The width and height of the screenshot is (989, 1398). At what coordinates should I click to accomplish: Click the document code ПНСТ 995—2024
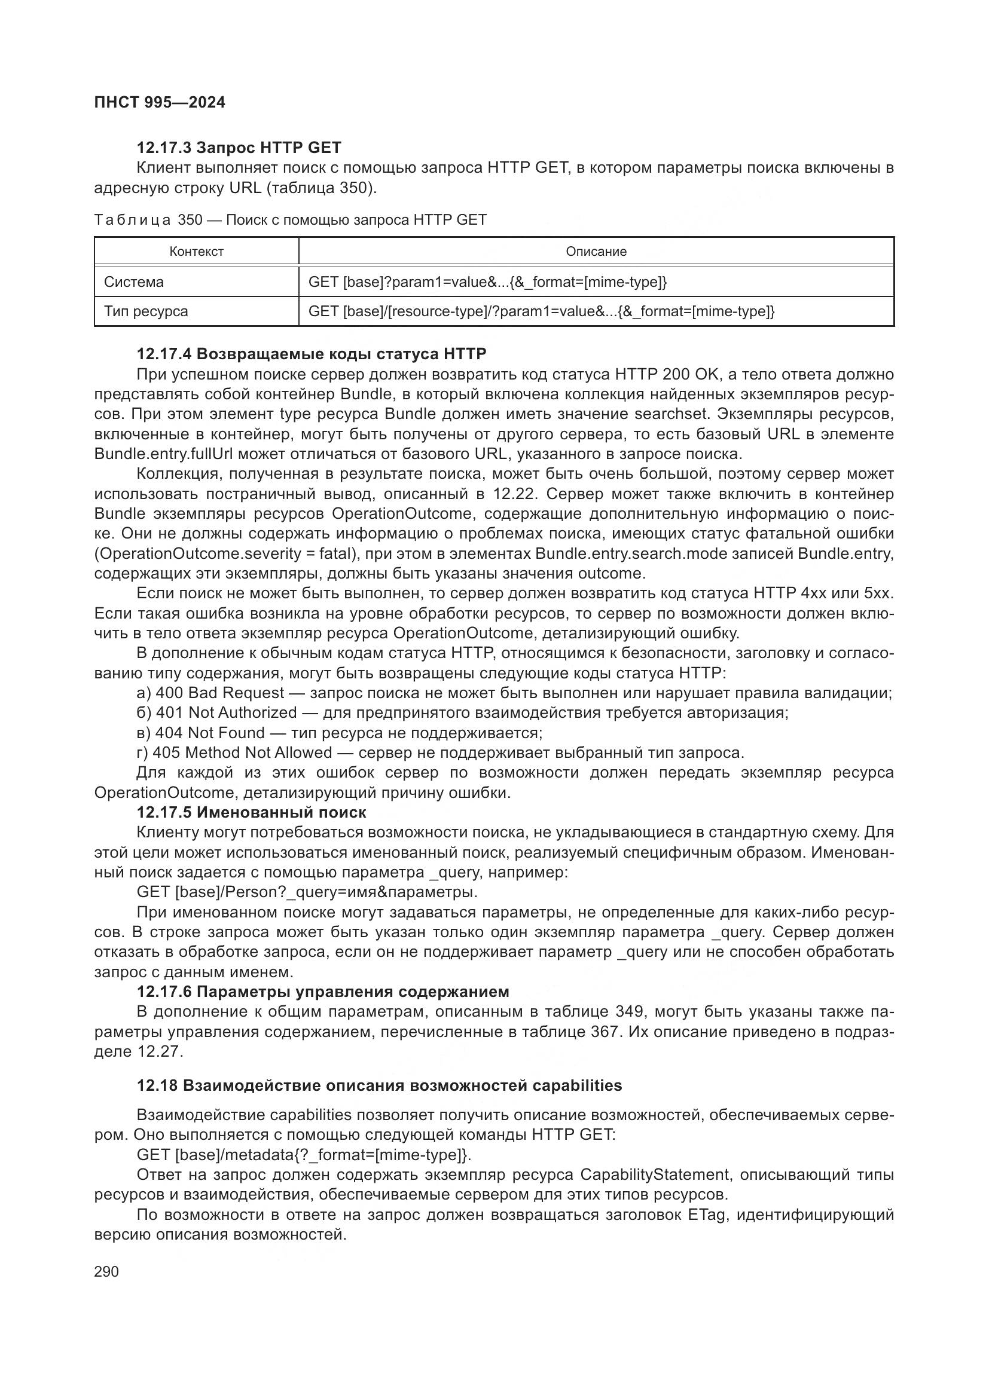click(x=160, y=102)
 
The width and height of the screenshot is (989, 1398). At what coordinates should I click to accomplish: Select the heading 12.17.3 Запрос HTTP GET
click(x=239, y=148)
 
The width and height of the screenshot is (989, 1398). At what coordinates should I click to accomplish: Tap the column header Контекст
click(x=196, y=252)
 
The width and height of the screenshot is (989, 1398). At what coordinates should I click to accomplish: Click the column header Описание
click(x=596, y=252)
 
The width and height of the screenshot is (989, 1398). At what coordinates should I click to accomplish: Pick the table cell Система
click(x=134, y=282)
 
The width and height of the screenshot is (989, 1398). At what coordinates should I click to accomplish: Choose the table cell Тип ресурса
click(x=146, y=311)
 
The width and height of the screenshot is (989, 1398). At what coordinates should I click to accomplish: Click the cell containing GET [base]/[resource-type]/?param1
click(x=541, y=311)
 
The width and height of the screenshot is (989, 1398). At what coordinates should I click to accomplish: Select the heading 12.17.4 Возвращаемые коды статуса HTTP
click(x=311, y=354)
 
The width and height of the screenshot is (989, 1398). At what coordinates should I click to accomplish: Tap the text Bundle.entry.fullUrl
click(x=164, y=454)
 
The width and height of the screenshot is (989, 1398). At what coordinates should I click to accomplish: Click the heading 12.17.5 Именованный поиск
click(x=252, y=812)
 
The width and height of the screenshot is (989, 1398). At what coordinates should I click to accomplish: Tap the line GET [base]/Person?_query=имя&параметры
click(x=307, y=892)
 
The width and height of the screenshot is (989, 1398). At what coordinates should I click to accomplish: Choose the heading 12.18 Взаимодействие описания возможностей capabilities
click(x=378, y=1085)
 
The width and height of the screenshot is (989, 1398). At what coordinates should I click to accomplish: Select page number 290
click(x=106, y=1271)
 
